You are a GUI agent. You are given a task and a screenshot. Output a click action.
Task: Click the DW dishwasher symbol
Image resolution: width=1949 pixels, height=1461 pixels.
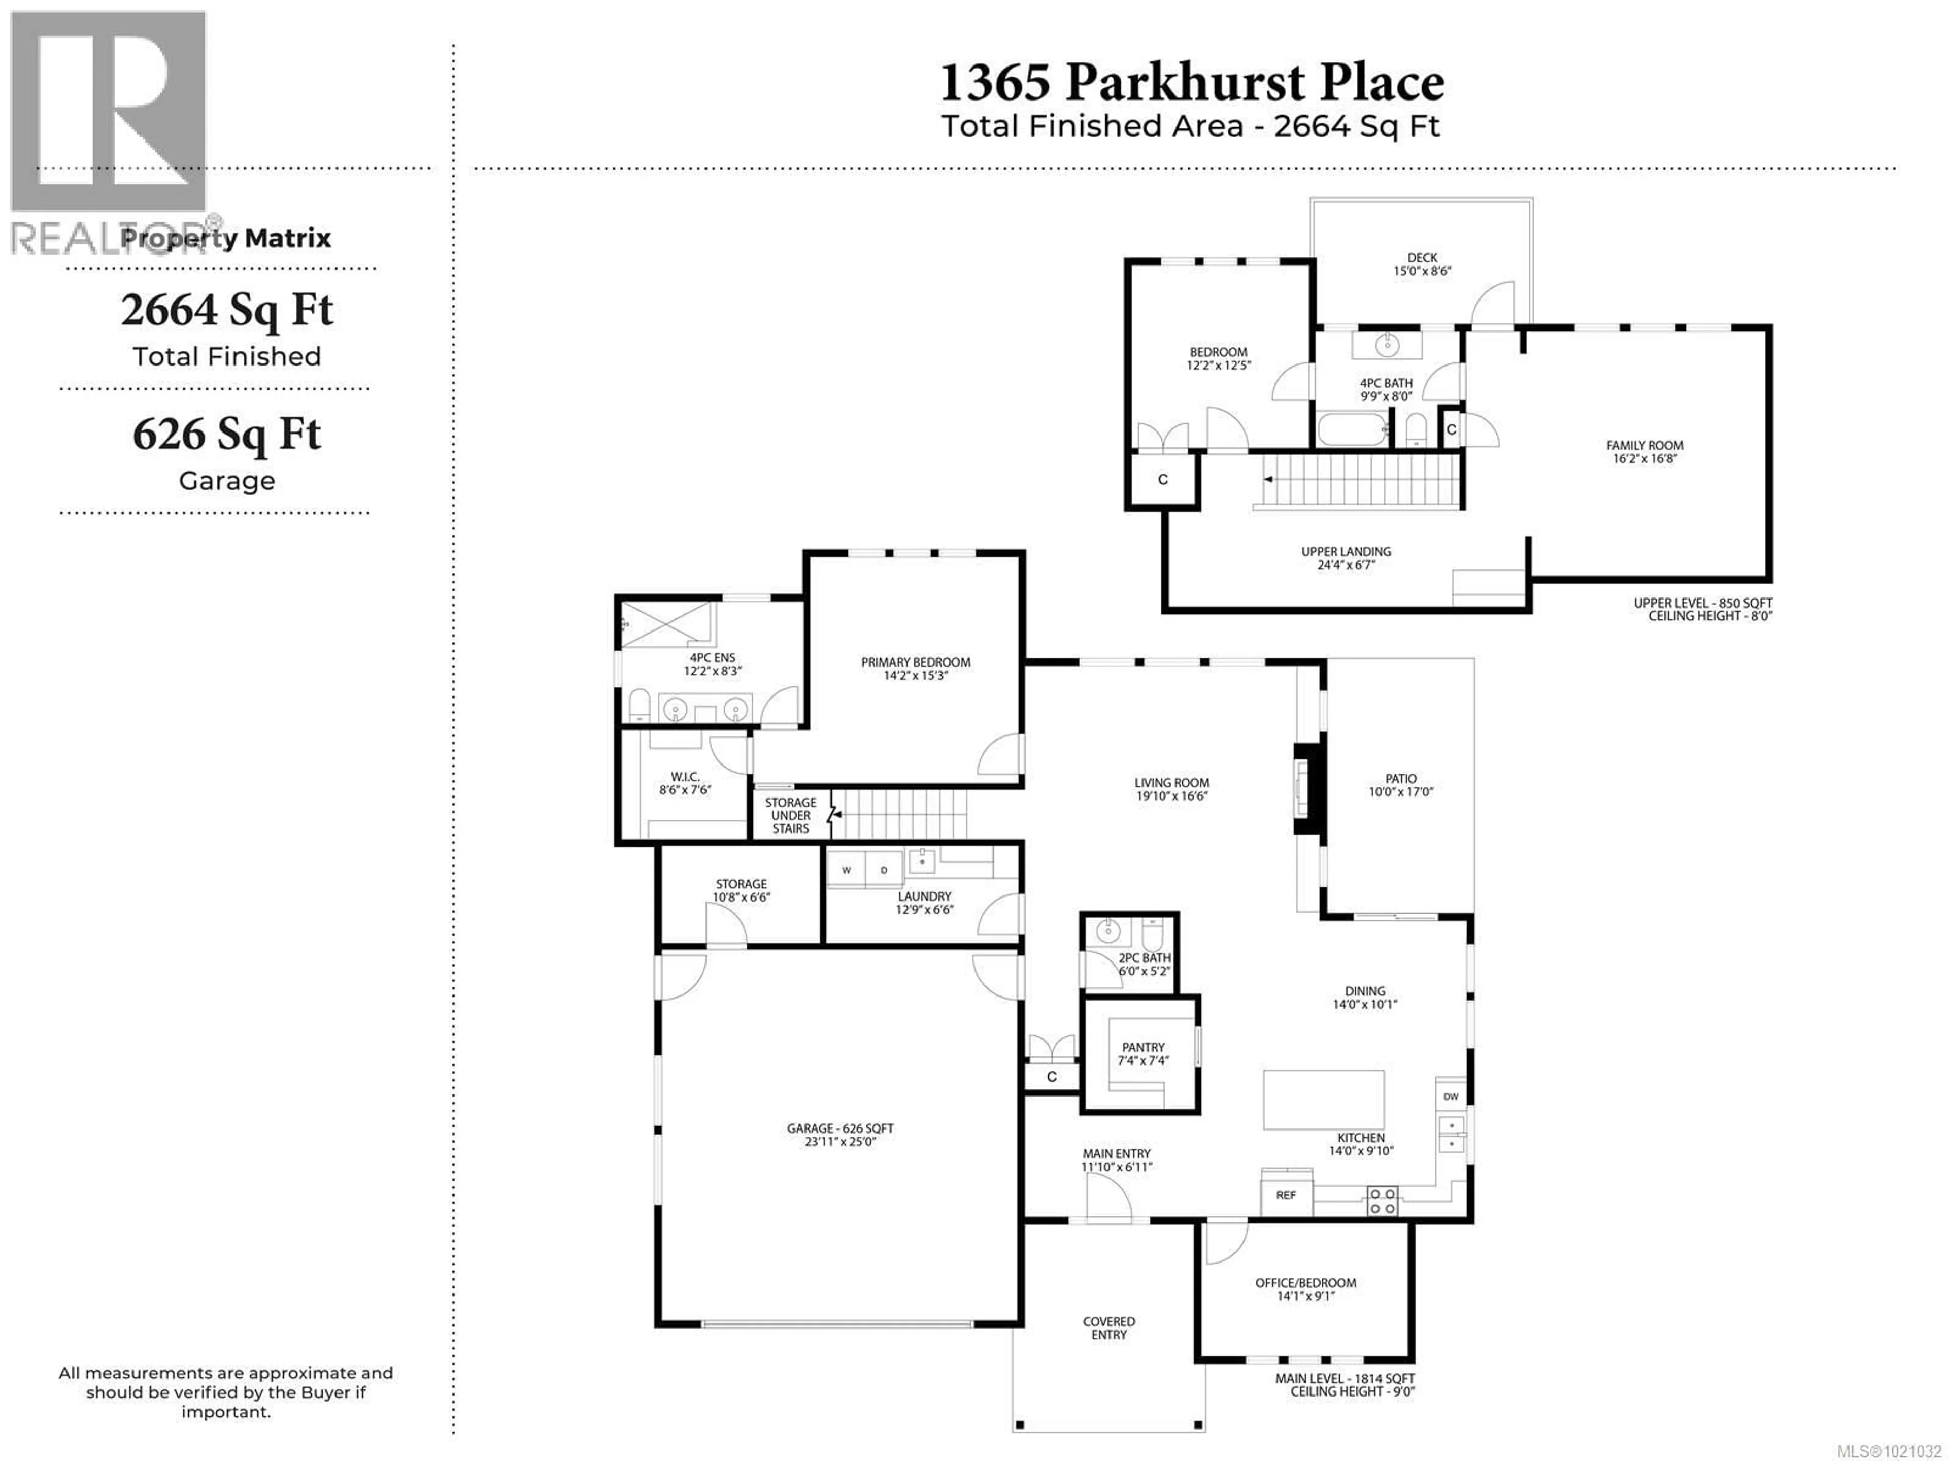pos(1450,1096)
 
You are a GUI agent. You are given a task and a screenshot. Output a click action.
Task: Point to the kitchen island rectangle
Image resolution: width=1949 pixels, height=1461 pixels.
pos(1323,1099)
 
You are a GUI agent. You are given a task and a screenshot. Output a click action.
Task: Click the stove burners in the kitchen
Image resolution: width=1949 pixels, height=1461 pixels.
pos(1382,1201)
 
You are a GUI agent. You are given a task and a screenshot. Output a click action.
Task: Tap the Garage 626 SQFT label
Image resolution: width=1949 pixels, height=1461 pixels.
pos(839,1128)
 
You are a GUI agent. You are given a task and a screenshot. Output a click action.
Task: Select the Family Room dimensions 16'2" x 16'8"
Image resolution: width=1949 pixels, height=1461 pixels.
pos(1644,458)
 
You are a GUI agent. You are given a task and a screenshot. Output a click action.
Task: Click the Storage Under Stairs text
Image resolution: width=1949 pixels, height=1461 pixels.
pos(790,815)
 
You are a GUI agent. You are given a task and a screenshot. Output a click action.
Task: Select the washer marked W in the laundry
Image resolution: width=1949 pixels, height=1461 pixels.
pos(846,870)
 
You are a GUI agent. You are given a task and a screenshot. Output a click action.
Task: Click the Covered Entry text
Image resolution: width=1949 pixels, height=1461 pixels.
pos(1108,1328)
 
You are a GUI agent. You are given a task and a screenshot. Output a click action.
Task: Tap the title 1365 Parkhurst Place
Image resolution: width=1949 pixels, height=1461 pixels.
pos(1191,83)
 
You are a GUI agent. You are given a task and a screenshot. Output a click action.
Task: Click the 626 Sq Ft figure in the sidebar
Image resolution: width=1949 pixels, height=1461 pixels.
pos(226,434)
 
